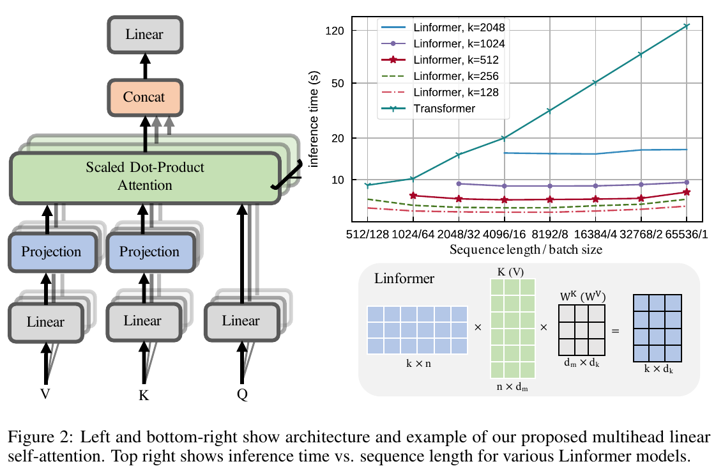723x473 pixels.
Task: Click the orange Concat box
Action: click(145, 97)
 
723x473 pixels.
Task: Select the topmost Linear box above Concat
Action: click(145, 35)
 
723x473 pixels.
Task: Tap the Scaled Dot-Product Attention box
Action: click(145, 178)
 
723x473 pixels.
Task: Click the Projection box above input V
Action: click(52, 252)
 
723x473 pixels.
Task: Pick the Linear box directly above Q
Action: click(241, 322)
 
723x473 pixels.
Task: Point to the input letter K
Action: click(144, 396)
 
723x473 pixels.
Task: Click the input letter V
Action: click(45, 394)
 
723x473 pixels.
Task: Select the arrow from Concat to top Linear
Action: click(145, 66)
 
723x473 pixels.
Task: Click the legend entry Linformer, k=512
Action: click(440, 60)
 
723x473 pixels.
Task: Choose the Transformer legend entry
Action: click(428, 109)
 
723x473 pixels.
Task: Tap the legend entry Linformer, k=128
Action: click(440, 92)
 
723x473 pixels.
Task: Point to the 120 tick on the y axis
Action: click(335, 31)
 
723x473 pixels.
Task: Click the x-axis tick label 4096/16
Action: click(504, 235)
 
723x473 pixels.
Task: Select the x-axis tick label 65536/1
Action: click(687, 235)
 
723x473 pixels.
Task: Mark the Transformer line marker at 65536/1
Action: click(687, 26)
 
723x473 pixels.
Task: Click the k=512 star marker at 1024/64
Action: click(413, 196)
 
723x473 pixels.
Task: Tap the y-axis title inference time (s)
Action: click(314, 119)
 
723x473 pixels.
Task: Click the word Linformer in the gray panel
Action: click(404, 279)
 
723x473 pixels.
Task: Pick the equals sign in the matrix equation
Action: click(616, 331)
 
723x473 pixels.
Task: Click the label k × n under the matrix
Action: click(419, 364)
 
